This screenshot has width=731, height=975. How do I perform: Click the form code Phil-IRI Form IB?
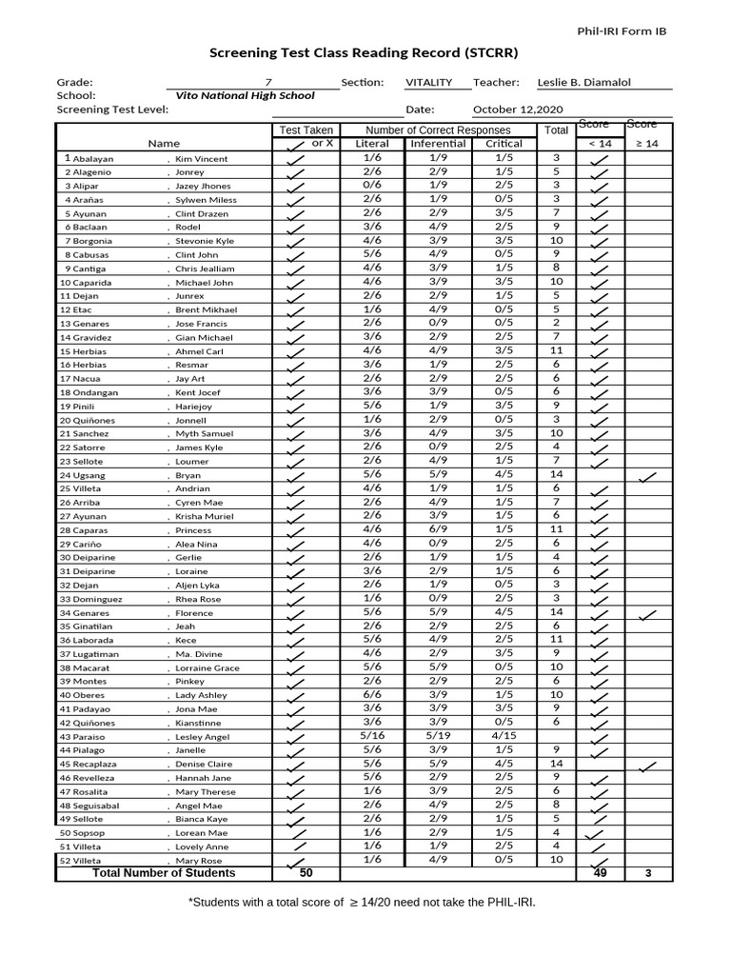point(622,31)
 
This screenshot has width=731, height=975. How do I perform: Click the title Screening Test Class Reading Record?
point(365,53)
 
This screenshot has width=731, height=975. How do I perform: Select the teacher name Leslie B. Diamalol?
point(583,83)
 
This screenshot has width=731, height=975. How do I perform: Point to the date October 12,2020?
point(518,109)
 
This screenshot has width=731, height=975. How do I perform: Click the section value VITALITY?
point(429,83)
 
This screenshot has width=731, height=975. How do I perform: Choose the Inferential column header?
point(438,144)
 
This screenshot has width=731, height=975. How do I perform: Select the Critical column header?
point(504,144)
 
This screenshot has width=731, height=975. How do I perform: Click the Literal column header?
point(372,144)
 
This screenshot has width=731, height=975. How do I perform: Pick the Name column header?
point(164,144)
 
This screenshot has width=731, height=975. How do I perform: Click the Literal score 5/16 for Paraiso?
point(372,736)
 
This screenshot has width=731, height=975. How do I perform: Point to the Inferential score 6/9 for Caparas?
point(438,529)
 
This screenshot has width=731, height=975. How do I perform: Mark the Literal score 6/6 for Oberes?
point(372,695)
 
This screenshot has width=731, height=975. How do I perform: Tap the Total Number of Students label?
point(164,873)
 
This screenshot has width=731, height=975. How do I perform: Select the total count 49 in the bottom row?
point(600,873)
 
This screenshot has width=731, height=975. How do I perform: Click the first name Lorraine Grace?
point(207,668)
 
